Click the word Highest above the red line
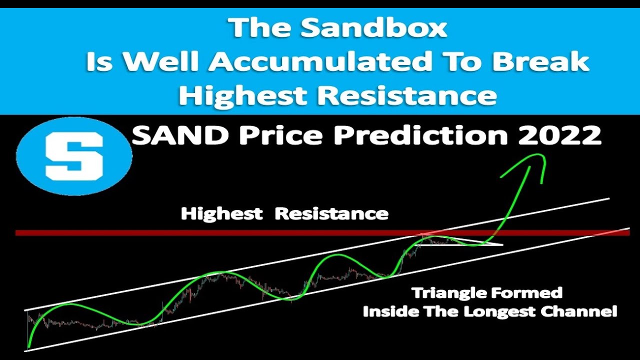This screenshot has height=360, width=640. [221, 214]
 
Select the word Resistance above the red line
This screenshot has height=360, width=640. [331, 214]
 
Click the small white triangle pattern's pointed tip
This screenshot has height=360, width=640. [502, 245]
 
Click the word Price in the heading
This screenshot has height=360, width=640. [263, 135]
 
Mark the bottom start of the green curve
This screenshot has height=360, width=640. [28, 346]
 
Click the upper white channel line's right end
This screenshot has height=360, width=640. [609, 198]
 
